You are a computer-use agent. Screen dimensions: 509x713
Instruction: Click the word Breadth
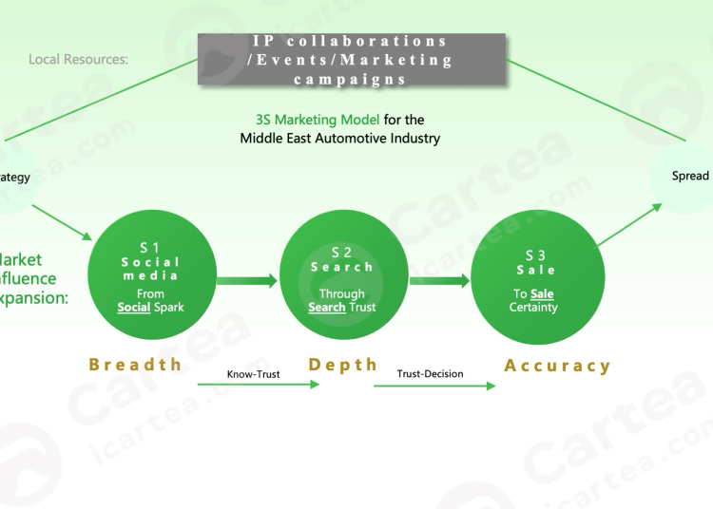[x=135, y=365]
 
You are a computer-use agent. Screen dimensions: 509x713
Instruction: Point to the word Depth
[x=343, y=365]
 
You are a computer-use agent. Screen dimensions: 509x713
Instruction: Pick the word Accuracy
[x=557, y=366]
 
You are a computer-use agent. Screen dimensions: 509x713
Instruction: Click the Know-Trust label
[x=252, y=374]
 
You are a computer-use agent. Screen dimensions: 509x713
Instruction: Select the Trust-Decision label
[x=431, y=374]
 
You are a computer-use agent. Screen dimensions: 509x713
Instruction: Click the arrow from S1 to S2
[x=246, y=280]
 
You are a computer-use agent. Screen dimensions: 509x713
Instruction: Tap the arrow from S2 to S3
[x=438, y=280]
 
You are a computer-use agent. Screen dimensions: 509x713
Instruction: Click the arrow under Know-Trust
[x=259, y=385]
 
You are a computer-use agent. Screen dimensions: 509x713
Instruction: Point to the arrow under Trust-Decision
[x=434, y=386]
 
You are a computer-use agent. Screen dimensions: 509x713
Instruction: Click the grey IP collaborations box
[x=352, y=60]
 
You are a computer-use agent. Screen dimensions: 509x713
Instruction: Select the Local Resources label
[x=78, y=60]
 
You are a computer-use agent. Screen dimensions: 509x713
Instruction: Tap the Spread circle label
[x=690, y=176]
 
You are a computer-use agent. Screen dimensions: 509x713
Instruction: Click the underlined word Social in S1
[x=134, y=308]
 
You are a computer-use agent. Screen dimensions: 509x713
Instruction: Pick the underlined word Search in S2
[x=326, y=308]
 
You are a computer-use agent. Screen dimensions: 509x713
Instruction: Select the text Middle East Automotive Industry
[x=340, y=139]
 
